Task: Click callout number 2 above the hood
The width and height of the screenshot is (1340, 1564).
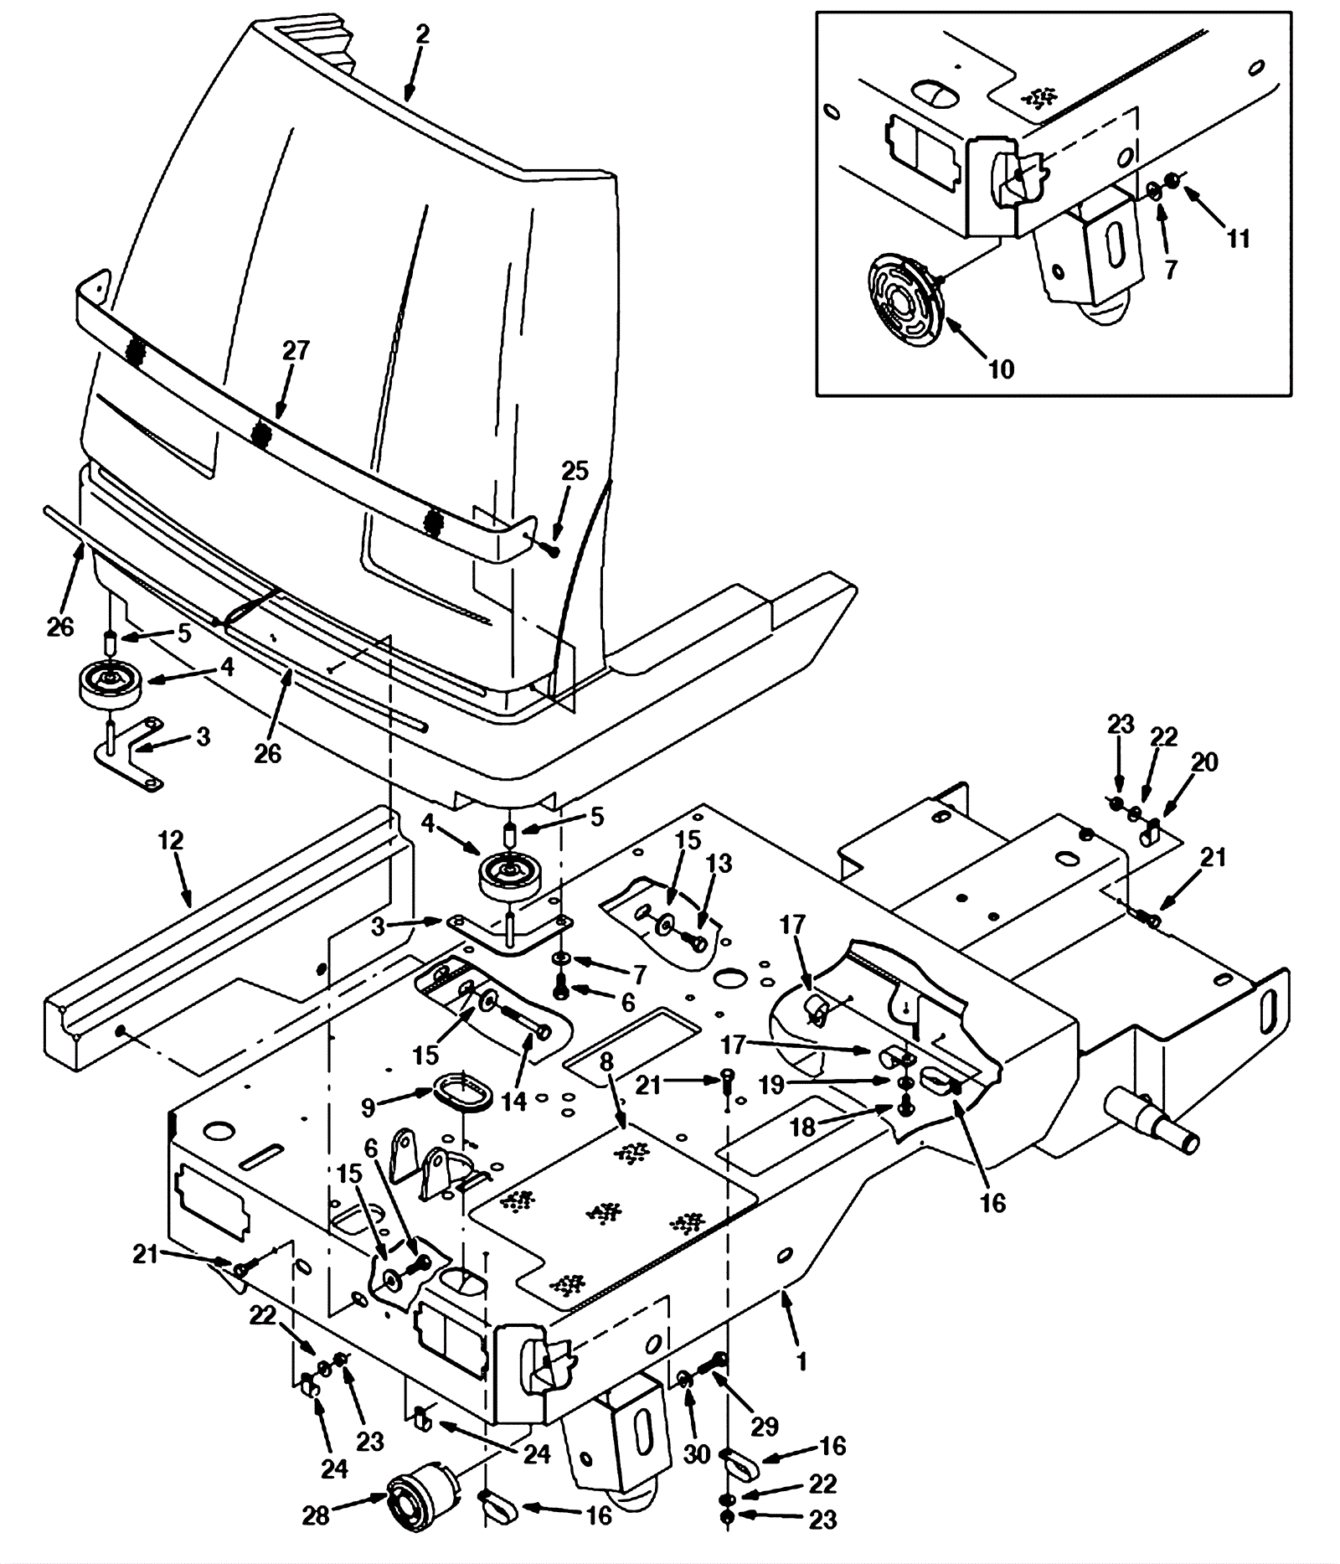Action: (x=422, y=34)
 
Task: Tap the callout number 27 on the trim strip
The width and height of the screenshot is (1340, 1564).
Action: (x=296, y=350)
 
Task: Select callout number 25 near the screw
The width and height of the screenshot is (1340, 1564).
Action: (x=575, y=471)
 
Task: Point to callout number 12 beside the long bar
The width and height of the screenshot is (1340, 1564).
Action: (x=171, y=840)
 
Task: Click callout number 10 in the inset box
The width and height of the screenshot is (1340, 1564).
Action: (x=1001, y=369)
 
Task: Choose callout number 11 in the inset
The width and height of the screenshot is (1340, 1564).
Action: (x=1238, y=239)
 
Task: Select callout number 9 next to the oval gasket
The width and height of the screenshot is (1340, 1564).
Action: (x=368, y=1107)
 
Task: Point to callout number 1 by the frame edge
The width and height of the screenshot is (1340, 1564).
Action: (x=801, y=1361)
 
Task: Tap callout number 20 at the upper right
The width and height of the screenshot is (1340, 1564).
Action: (x=1204, y=761)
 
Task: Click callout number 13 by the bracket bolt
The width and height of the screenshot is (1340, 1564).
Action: (x=719, y=863)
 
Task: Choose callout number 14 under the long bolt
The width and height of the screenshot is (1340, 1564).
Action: (x=514, y=1101)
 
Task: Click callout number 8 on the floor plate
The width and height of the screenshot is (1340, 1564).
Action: (x=606, y=1062)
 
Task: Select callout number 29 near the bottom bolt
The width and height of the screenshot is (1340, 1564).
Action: (x=764, y=1426)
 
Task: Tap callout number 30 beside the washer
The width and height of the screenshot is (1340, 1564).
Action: (x=697, y=1454)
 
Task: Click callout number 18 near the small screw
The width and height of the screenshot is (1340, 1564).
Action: (x=802, y=1127)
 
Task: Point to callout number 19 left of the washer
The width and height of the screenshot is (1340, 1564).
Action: (x=770, y=1085)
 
